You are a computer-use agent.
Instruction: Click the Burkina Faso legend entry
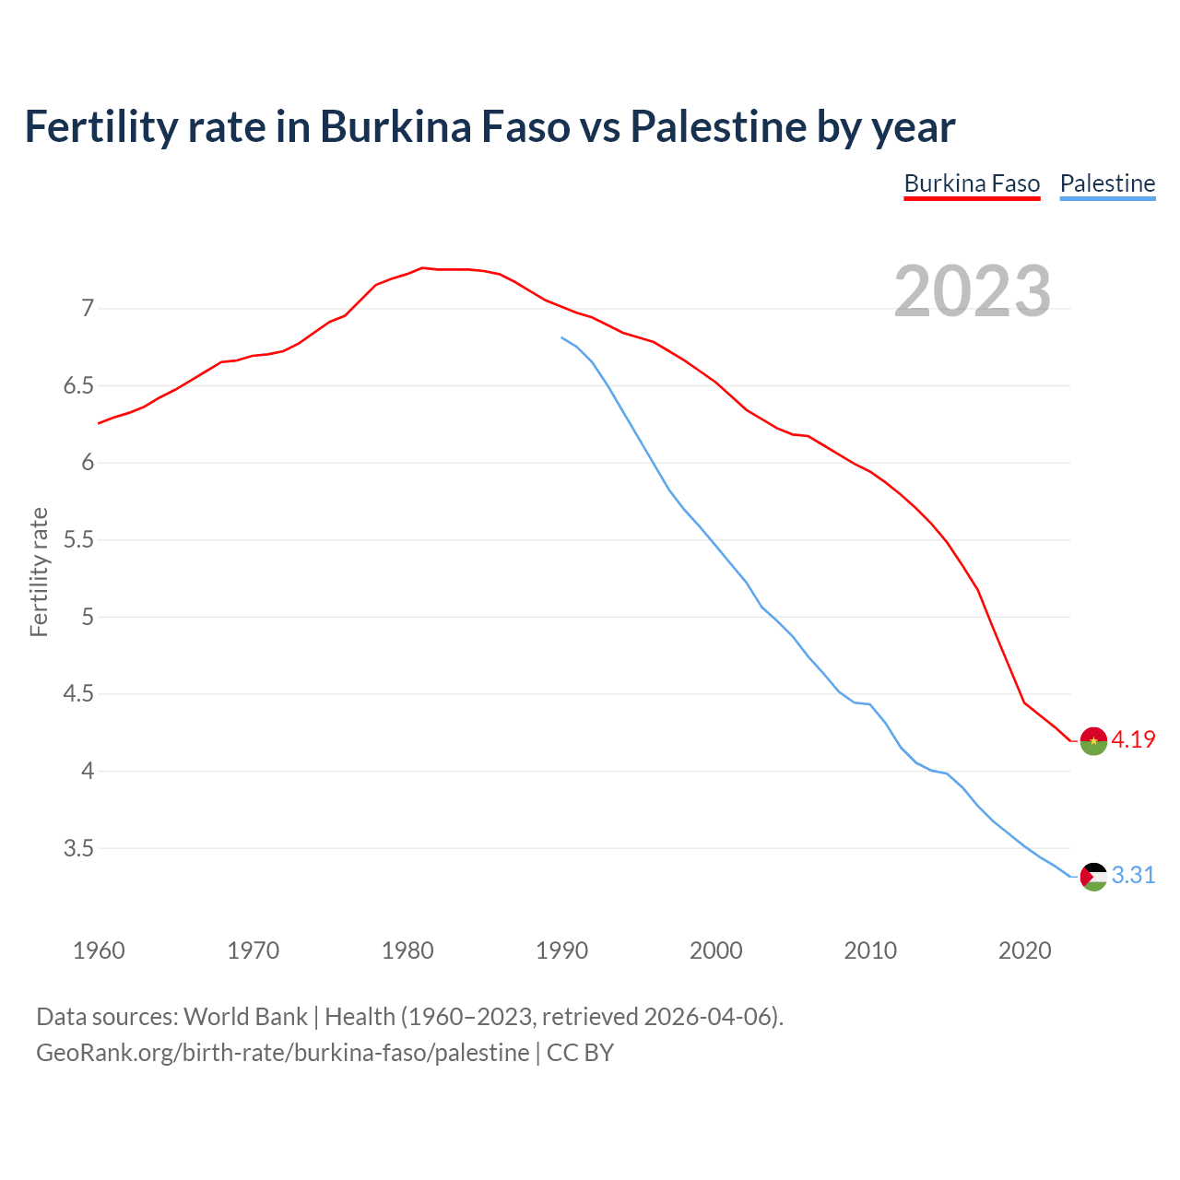click(972, 183)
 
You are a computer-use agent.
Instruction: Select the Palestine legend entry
click(1107, 183)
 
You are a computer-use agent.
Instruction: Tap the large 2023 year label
click(973, 291)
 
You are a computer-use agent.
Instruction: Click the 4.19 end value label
click(1133, 739)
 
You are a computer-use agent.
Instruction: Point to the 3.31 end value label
click(1133, 875)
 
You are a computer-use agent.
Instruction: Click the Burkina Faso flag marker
click(1093, 740)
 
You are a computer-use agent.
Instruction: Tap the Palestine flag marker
click(1093, 876)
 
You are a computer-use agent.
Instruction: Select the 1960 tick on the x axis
click(99, 950)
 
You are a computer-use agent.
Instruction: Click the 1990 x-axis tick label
click(561, 950)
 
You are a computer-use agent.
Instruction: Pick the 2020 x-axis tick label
click(1024, 950)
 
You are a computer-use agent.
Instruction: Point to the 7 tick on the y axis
click(88, 308)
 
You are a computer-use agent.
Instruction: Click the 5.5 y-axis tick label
click(79, 539)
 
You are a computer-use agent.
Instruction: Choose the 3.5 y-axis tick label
click(79, 848)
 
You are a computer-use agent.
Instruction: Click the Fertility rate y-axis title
click(39, 572)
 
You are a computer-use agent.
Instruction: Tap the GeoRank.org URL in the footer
click(282, 1052)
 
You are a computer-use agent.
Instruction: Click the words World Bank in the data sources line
click(245, 1017)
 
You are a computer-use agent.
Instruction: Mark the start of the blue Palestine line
click(562, 337)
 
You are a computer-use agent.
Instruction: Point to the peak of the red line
click(422, 268)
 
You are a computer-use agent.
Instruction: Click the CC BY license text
click(580, 1052)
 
